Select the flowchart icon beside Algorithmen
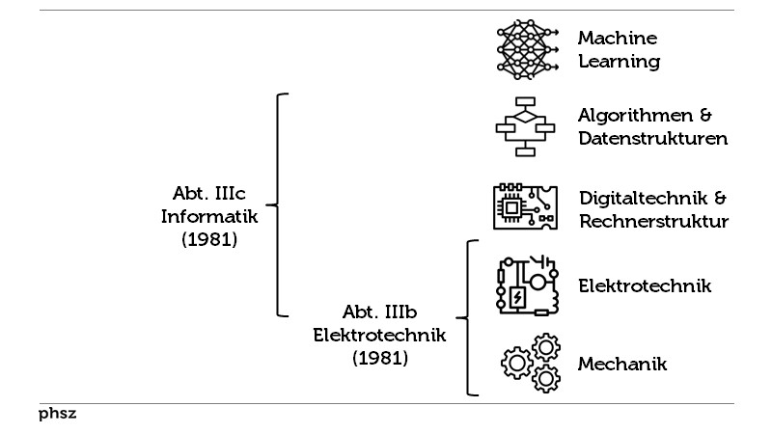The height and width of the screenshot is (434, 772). pos(525,126)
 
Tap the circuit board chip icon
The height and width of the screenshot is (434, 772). pos(525,206)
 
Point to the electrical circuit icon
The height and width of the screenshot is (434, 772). pos(527,285)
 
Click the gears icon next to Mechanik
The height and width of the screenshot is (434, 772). pos(531,363)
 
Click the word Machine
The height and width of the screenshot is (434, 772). pos(618,39)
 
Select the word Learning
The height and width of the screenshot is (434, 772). pos(619,63)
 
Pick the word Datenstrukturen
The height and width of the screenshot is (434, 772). pos(652,139)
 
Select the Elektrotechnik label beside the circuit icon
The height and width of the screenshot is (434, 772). pos(645,285)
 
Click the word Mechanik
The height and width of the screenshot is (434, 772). pos(622,365)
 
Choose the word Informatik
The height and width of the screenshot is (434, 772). pos(209,215)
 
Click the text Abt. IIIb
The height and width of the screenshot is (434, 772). pos(379,313)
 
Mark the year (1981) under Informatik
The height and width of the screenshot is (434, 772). pos(209,239)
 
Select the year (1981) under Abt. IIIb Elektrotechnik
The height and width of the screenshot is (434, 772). pos(379,359)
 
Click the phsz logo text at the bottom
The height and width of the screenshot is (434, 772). pos(57,415)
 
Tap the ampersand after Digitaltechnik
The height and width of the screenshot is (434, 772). pos(719,199)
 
